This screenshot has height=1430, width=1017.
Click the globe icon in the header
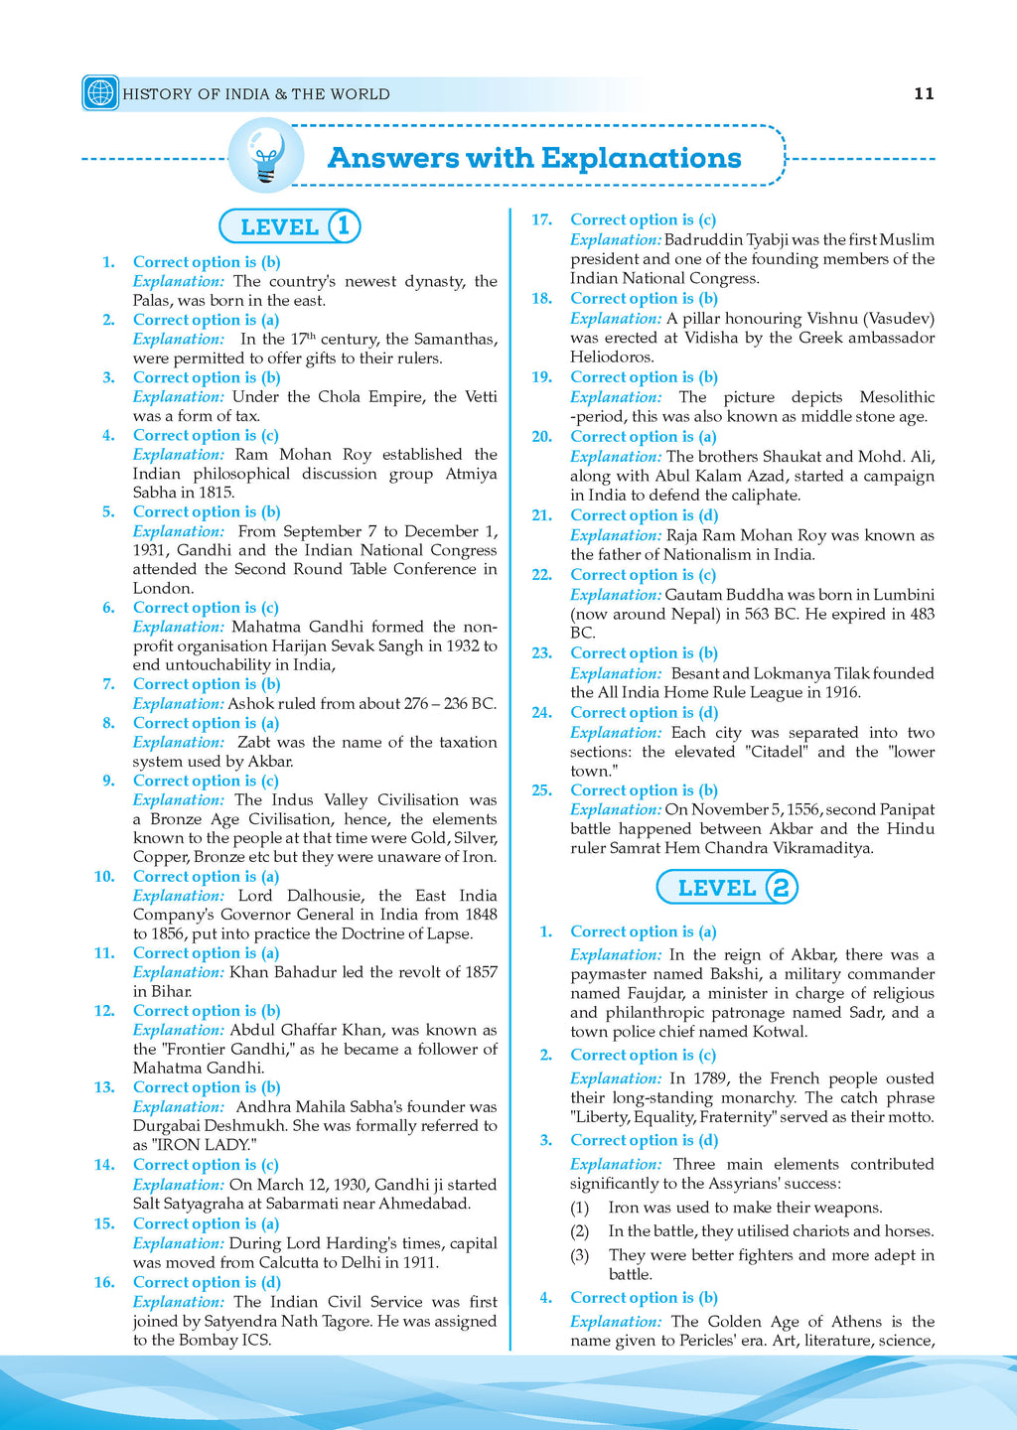coord(100,93)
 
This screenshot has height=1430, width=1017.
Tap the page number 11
coord(924,93)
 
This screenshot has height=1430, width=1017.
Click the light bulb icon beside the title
coord(265,156)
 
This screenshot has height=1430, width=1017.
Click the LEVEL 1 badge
coord(289,226)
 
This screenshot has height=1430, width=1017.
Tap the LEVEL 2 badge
coord(727,887)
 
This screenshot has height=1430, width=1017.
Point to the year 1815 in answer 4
coord(217,493)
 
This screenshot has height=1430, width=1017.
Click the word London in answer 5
coord(162,588)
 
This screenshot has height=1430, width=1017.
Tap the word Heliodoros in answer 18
coord(611,357)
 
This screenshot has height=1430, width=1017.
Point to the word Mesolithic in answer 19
coord(897,397)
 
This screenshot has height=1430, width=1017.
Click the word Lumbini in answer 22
coord(903,595)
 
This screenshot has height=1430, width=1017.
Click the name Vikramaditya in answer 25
coord(823,848)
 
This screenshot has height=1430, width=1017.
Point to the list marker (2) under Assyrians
coord(580,1231)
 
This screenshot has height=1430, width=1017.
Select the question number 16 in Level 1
coord(104,1282)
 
